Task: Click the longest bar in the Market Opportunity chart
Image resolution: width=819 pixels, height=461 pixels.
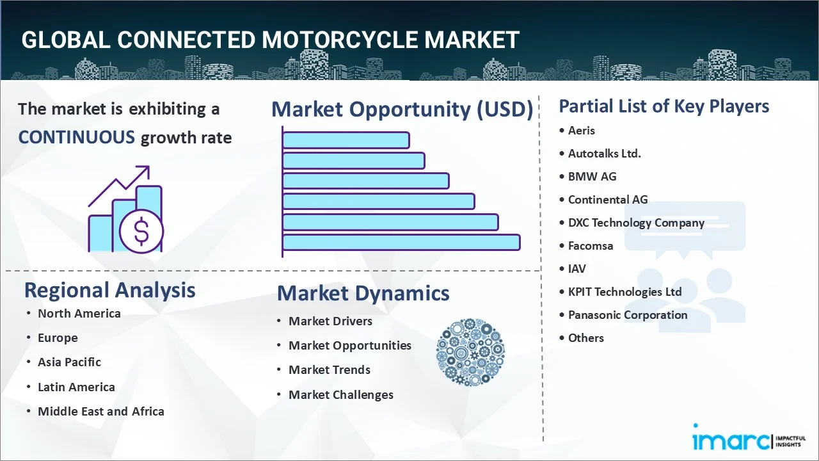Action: pyautogui.click(x=401, y=242)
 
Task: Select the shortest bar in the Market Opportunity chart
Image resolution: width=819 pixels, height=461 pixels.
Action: pyautogui.click(x=346, y=140)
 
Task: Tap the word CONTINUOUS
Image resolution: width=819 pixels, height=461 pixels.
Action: pyautogui.click(x=76, y=137)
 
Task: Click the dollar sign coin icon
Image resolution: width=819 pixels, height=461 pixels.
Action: pyautogui.click(x=141, y=232)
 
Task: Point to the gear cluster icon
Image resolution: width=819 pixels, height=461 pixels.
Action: pyautogui.click(x=470, y=352)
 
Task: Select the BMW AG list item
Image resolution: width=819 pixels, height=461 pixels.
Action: pyautogui.click(x=592, y=176)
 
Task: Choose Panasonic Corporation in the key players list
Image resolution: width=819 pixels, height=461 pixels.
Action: pyautogui.click(x=627, y=314)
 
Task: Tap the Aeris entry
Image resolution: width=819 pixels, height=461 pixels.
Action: pyautogui.click(x=581, y=130)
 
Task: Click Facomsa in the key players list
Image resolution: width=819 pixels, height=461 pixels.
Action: pyautogui.click(x=590, y=245)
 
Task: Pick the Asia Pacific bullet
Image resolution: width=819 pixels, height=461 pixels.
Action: pyautogui.click(x=69, y=362)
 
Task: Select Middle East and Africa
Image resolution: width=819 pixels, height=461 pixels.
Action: pyautogui.click(x=100, y=411)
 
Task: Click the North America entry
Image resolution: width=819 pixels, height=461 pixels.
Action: pyautogui.click(x=79, y=313)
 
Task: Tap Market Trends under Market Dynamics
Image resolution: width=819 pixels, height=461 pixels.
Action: pyautogui.click(x=329, y=369)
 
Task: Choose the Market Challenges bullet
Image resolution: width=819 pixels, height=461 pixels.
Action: pyautogui.click(x=340, y=394)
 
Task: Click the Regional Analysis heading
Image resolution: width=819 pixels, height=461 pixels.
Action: pyautogui.click(x=109, y=290)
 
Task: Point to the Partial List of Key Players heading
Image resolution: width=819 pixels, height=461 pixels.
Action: pyautogui.click(x=664, y=106)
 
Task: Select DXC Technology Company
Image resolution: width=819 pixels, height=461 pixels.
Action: pyautogui.click(x=636, y=222)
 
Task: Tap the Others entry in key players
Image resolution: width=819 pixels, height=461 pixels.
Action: pyautogui.click(x=585, y=337)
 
